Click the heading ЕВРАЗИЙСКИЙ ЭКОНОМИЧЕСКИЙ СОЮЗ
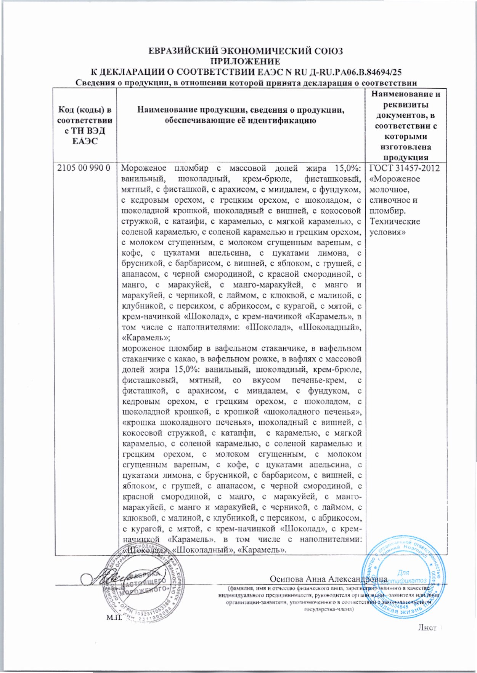pos(246,51)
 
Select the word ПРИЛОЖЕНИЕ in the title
pos(246,62)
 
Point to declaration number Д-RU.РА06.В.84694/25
pos(338,72)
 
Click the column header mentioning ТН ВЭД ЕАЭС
pos(85,126)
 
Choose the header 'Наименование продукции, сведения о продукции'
pos(241,115)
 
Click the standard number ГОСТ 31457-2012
pos(405,168)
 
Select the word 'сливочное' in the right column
pos(393,200)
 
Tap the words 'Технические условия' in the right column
pos(395,227)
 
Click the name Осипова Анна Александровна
pos(328,579)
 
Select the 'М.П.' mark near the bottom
pos(113,617)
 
